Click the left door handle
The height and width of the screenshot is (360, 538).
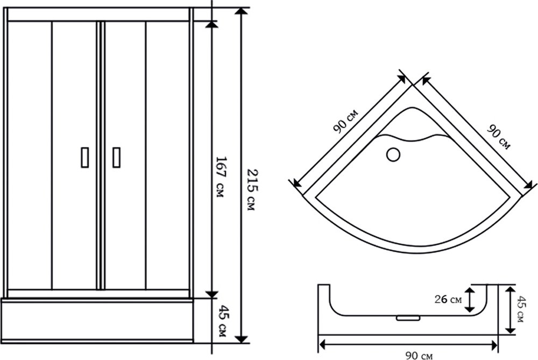click(85, 158)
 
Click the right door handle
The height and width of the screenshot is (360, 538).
click(116, 158)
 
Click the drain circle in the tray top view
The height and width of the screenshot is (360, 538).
click(393, 154)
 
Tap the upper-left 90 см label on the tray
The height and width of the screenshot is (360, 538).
click(345, 121)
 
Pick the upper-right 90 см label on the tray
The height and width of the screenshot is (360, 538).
click(499, 137)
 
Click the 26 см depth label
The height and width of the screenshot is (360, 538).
click(448, 299)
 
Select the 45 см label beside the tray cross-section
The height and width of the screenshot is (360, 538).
click(521, 309)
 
